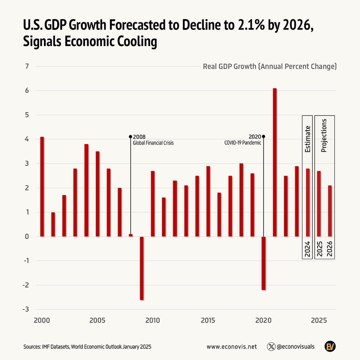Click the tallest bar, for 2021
click(275, 162)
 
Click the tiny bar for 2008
click(131, 235)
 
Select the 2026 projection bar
click(330, 211)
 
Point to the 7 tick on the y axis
click(27, 66)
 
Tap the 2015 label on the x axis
click(208, 320)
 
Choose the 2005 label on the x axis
click(97, 320)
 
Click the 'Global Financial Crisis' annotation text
click(153, 143)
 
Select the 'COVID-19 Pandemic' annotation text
click(243, 143)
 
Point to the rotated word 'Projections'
click(324, 135)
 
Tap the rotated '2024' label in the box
click(307, 249)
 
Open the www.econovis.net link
click(232, 347)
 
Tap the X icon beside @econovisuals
click(271, 347)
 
